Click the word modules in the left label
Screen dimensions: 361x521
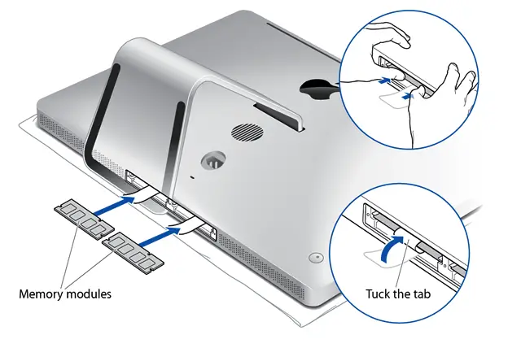click(88, 293)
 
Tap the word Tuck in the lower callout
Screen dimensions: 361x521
click(379, 293)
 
